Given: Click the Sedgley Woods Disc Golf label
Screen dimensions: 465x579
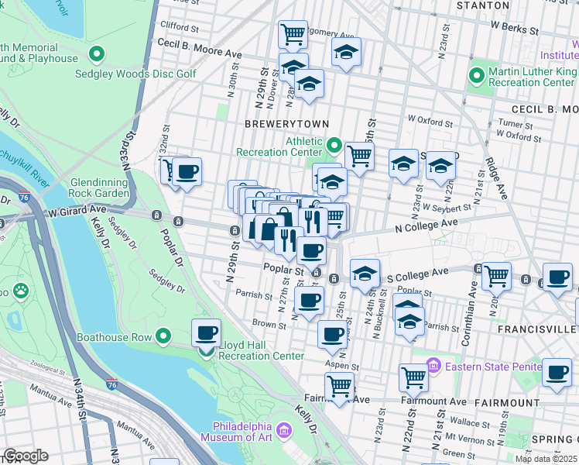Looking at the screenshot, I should tap(135, 74).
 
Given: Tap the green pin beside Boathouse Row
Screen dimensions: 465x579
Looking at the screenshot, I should tap(163, 336).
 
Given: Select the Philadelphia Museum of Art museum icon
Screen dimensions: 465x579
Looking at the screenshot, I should tap(284, 429).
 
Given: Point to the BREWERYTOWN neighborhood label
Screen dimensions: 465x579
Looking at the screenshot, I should tap(287, 124).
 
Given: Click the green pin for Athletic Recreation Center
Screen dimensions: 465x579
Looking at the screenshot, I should tap(334, 145).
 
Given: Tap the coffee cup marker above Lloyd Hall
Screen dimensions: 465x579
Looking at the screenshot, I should tap(206, 333).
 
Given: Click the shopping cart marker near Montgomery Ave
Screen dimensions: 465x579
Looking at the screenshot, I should tap(293, 34).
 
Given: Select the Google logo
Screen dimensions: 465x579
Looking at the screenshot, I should tap(26, 456).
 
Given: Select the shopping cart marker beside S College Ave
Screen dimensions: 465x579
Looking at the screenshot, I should tap(495, 274).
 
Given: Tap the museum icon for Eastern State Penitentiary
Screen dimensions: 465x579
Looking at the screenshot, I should tap(433, 363).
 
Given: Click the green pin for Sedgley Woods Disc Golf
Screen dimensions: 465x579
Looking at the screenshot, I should tap(97, 54).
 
